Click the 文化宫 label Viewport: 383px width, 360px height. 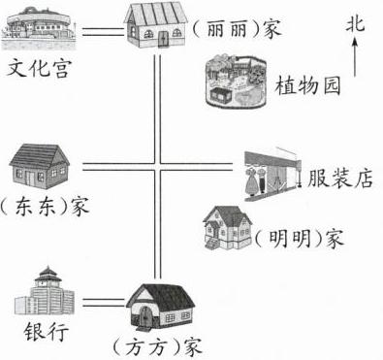coord(38,68)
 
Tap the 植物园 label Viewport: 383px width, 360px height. coord(307,86)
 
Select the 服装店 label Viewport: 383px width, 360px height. coord(340,178)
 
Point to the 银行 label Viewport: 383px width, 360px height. coord(47,331)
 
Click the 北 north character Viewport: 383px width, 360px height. coord(355,24)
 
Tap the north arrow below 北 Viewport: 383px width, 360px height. coord(355,57)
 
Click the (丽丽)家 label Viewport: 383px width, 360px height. coord(237,29)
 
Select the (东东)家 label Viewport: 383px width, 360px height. coord(45,206)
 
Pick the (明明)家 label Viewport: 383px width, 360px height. coord(298,239)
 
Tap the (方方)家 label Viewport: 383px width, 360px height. coord(157,347)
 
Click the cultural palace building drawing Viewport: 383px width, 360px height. coord(39,29)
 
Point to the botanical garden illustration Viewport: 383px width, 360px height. coord(237,81)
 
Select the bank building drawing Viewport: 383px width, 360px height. coord(45,291)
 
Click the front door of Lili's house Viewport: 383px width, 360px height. coord(164,39)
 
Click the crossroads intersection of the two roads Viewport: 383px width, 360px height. coord(157,167)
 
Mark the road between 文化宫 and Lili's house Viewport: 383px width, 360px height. coord(103,32)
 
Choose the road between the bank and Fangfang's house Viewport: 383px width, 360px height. coord(104,303)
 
